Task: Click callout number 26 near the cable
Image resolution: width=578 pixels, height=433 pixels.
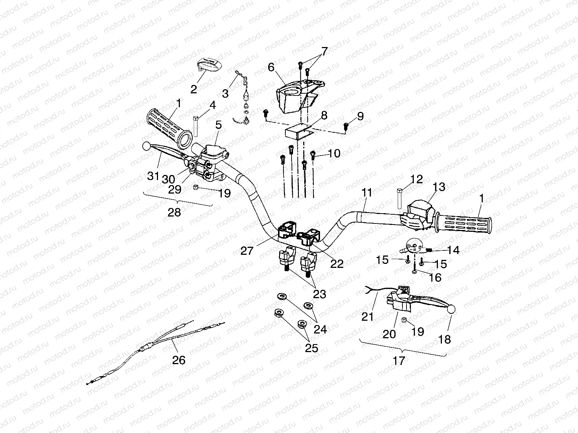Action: coord(179,360)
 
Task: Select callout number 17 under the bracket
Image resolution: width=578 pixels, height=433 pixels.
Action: coord(399,361)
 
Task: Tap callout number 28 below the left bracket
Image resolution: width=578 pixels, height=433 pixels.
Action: coord(174,212)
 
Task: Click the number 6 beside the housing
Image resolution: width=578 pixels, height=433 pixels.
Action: coord(271,67)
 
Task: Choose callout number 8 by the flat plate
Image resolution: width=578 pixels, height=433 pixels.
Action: coord(324,115)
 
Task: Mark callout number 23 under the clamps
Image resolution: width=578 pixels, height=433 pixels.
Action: coord(320,294)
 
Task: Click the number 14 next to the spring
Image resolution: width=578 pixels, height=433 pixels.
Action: coord(453,250)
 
